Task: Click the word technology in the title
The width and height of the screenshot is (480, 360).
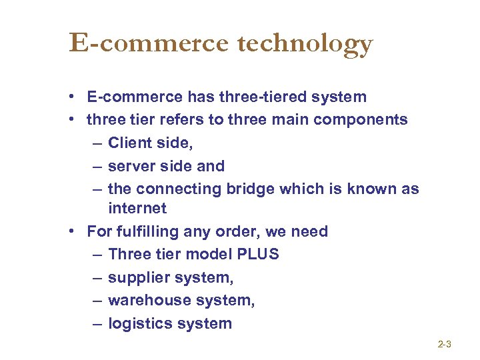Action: point(304,44)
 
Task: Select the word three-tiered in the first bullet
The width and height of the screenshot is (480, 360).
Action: point(261,97)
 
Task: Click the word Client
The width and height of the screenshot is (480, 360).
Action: point(129,143)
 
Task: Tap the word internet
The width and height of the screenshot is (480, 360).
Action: point(137,208)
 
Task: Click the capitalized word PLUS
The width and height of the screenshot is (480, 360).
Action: point(259,254)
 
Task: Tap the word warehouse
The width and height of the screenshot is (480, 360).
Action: point(145,300)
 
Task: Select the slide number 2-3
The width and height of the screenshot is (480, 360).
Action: point(445,345)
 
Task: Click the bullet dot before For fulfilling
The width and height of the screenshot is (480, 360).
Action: point(71,232)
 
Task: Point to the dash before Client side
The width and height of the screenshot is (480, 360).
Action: point(93,143)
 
